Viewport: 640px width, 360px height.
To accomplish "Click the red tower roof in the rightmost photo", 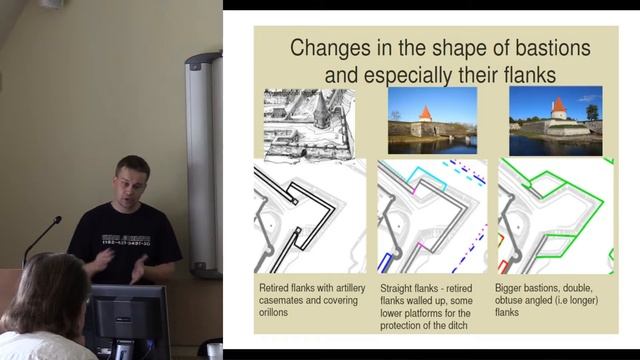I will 558,105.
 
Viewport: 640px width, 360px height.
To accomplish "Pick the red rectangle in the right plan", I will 504,266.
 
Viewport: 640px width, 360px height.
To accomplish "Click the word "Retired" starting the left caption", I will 276,287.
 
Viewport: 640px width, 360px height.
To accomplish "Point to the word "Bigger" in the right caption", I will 516,287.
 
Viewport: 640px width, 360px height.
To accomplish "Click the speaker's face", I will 132,181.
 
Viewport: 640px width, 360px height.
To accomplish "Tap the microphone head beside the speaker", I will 57,220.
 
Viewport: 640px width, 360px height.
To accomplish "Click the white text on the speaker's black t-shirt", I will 124,241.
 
